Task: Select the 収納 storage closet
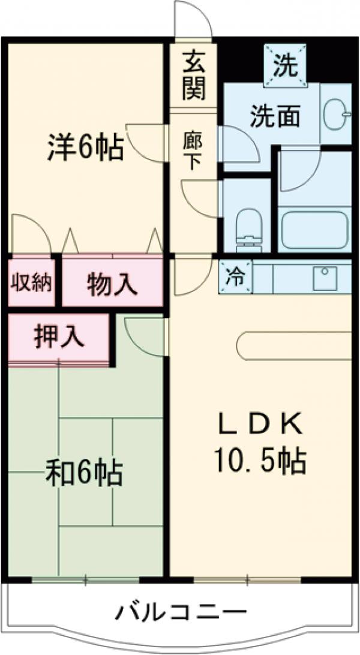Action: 31,282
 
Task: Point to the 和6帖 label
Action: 85,473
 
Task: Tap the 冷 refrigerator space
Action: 235,277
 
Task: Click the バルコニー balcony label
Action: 181,612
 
